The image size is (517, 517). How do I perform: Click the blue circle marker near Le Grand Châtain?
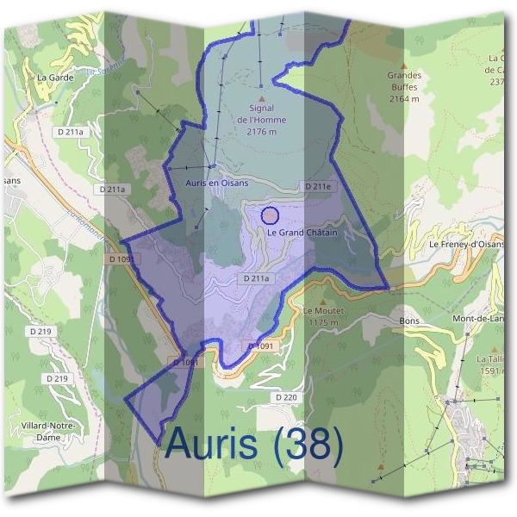(270, 215)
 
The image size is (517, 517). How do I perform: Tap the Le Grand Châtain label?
(302, 233)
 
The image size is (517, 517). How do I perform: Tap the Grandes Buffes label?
(403, 80)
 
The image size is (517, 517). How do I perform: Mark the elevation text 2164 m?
(403, 99)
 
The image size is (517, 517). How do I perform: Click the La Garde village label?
(55, 77)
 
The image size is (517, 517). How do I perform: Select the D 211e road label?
(318, 186)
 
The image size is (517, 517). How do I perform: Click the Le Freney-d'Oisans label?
(466, 244)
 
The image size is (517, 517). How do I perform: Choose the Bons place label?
(408, 320)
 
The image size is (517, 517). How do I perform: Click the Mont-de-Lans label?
(483, 319)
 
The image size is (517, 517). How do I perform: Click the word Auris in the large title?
(210, 443)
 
